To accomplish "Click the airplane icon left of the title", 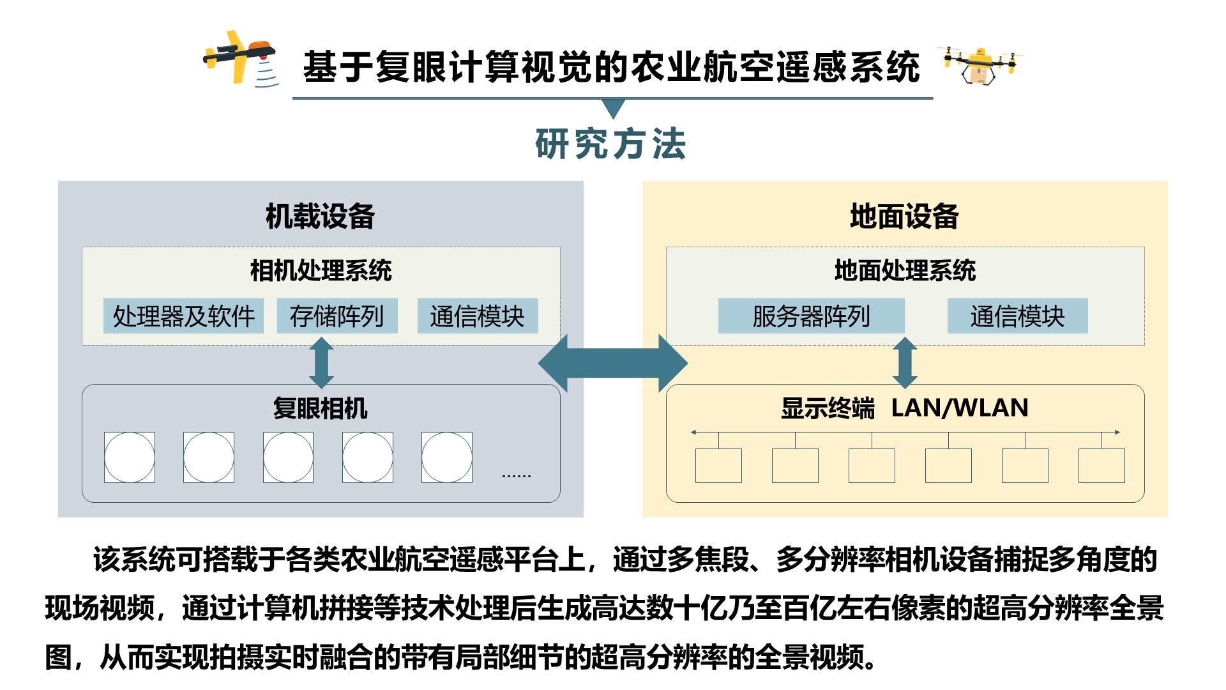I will pyautogui.click(x=241, y=58).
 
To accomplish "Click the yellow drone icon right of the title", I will pyautogui.click(x=980, y=65).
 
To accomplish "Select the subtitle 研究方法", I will pyautogui.click(x=611, y=144).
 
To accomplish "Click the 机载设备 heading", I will pyautogui.click(x=320, y=216).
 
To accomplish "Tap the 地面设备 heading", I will pyautogui.click(x=904, y=216).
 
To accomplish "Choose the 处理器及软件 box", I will pyautogui.click(x=184, y=316).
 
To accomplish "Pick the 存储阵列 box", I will pyautogui.click(x=337, y=316).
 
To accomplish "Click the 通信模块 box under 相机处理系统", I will pyautogui.click(x=478, y=316).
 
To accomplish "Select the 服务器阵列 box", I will pyautogui.click(x=811, y=316).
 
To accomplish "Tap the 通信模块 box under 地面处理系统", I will pyautogui.click(x=1017, y=316).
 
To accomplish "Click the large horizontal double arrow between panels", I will pyautogui.click(x=612, y=363).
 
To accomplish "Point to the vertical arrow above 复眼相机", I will pyautogui.click(x=321, y=363).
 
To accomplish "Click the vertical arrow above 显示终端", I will pyautogui.click(x=905, y=363).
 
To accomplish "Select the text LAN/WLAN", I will pyautogui.click(x=959, y=408).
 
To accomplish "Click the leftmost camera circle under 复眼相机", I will pyautogui.click(x=130, y=457).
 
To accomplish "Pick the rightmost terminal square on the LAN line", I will pyautogui.click(x=1101, y=465).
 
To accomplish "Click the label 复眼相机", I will pyautogui.click(x=320, y=408).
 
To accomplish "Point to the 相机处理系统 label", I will pyautogui.click(x=321, y=270).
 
